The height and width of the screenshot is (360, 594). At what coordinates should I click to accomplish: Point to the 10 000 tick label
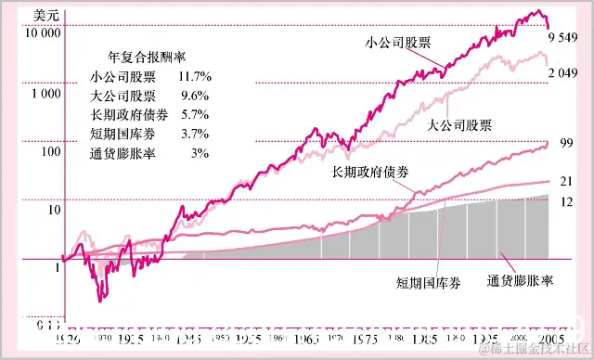coord(40,32)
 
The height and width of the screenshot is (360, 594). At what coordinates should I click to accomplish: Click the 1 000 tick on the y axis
coord(42,96)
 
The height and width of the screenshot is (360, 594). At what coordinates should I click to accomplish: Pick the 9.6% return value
coord(190,96)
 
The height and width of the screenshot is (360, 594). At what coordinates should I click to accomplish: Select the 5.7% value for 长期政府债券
coord(190,115)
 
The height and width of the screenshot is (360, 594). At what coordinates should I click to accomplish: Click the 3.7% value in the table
coord(190,135)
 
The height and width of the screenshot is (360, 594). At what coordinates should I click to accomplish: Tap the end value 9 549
coord(563,37)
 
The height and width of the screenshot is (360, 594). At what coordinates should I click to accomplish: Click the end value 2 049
coord(563,72)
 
